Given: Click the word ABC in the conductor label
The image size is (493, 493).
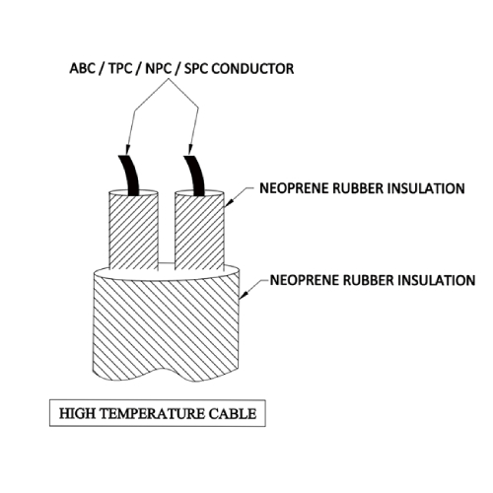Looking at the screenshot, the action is click(x=82, y=69).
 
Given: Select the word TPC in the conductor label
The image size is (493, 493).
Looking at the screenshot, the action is click(x=120, y=69).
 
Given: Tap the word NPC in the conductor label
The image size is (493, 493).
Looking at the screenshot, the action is click(x=159, y=69).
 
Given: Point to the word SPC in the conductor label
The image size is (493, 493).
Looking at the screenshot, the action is click(x=196, y=69).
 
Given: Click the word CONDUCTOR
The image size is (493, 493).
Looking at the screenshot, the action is click(x=252, y=69).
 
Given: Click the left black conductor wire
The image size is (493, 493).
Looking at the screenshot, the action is click(x=130, y=176).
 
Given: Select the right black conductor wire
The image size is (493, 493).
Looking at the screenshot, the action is click(x=196, y=176).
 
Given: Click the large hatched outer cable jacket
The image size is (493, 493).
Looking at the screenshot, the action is click(x=167, y=325).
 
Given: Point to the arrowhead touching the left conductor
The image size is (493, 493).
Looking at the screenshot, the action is click(x=127, y=150).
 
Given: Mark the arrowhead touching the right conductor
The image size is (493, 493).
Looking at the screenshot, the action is click(x=189, y=150).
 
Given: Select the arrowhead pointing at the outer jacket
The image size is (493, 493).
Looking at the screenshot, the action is click(x=244, y=295).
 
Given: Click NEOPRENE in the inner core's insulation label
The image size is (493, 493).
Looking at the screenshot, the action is click(x=294, y=188).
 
